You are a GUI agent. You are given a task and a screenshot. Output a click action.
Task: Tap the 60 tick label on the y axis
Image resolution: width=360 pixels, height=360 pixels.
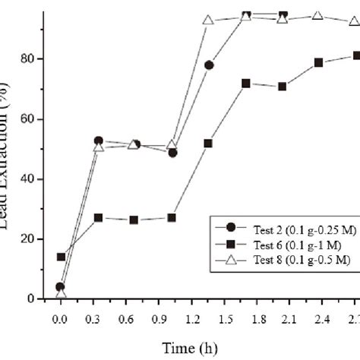[32, 119]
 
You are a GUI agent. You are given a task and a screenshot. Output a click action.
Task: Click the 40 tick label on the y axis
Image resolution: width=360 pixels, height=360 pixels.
[32, 179]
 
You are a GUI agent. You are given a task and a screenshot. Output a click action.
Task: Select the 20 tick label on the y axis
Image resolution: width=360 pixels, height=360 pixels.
[32, 239]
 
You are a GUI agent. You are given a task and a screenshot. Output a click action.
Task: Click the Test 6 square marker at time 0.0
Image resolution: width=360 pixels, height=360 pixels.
[61, 257]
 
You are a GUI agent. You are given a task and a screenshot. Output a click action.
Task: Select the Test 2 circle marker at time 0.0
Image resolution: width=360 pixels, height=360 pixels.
[60, 287]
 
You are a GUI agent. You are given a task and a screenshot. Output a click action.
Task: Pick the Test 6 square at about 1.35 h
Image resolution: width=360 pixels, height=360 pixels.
[208, 143]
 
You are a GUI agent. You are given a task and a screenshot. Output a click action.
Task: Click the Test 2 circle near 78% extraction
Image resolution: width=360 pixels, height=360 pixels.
[209, 65]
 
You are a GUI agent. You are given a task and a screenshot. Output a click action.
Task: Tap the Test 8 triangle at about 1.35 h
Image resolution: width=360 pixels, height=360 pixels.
[208, 21]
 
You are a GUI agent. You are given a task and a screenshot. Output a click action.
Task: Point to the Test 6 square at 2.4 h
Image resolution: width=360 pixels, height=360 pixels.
[319, 62]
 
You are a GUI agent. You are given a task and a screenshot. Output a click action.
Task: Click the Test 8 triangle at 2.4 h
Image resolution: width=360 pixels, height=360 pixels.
[319, 16]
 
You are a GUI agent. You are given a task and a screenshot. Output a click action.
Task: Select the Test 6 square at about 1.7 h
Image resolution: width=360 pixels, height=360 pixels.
[246, 83]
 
